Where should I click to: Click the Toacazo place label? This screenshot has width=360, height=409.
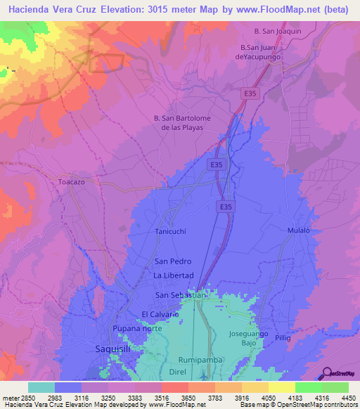[71, 181]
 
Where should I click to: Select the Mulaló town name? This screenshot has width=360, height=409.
[299, 231]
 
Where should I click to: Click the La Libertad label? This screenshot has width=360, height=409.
[173, 275]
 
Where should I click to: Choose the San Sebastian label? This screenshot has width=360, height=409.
[181, 295]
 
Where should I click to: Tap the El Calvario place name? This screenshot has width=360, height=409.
[164, 314]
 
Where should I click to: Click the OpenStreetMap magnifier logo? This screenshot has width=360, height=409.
[326, 372]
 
